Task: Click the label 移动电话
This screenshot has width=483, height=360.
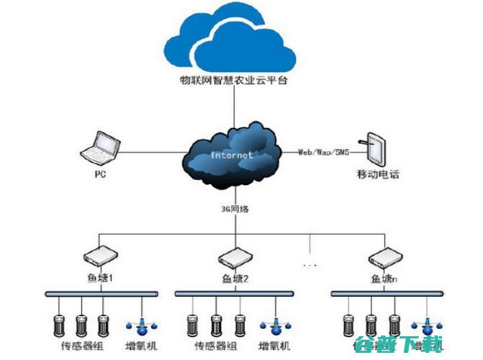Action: (377, 174)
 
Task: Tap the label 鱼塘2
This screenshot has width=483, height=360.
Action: (235, 278)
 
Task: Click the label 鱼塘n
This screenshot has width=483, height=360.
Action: (382, 278)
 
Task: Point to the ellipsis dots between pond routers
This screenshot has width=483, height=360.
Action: (310, 266)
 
